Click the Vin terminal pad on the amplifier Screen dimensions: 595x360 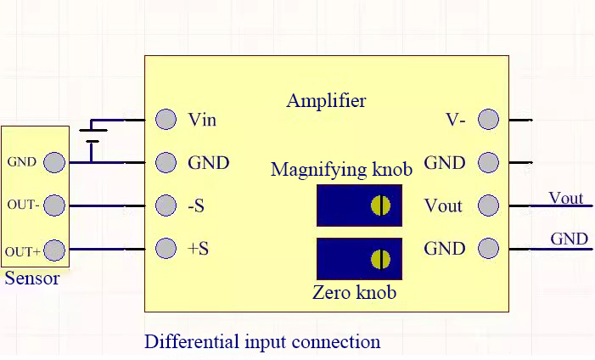tap(166, 119)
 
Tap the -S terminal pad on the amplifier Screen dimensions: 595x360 tap(166, 205)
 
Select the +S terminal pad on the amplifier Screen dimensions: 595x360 tap(166, 249)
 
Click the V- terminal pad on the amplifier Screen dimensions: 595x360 tap(488, 119)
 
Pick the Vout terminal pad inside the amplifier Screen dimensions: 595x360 tap(488, 205)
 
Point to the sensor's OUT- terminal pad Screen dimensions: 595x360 tap(54, 205)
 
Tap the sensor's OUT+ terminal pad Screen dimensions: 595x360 tap(54, 250)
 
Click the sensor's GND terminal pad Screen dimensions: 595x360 tap(54, 162)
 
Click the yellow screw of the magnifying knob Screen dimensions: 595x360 tap(380, 205)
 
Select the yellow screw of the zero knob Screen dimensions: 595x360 tap(380, 259)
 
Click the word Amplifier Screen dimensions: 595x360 tap(326, 101)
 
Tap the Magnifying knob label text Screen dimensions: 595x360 tap(341, 169)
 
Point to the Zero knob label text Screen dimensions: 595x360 tap(355, 293)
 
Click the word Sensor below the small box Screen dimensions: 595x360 tap(32, 278)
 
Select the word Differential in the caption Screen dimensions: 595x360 tap(192, 341)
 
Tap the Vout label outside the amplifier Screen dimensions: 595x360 tap(566, 198)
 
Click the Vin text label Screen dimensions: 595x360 tap(202, 120)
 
